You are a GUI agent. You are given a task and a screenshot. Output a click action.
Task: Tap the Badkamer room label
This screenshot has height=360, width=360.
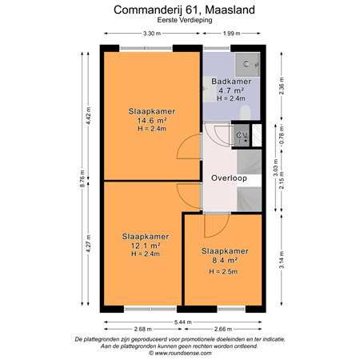(232, 82)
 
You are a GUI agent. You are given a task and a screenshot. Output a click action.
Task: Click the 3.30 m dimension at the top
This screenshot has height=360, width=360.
(150, 34)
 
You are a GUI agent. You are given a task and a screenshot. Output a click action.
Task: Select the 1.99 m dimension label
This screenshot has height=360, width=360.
(231, 34)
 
